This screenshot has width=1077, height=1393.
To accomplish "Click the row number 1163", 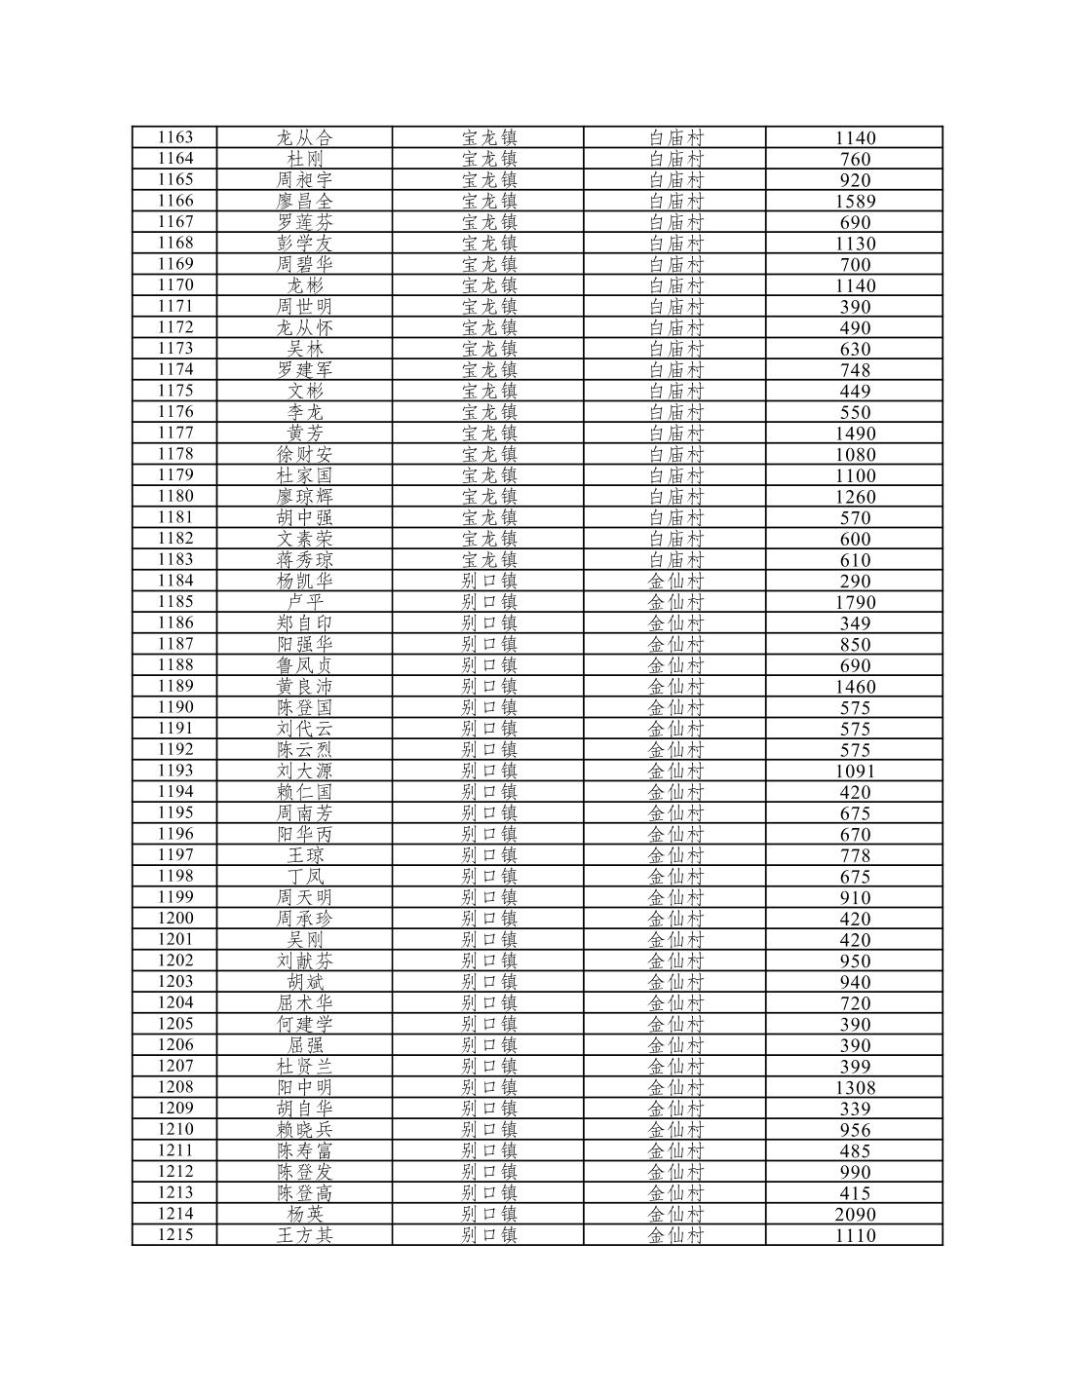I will pos(175,137).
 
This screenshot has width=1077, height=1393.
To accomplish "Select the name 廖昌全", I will pos(304,201).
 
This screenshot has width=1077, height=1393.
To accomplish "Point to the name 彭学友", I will pos(304,243).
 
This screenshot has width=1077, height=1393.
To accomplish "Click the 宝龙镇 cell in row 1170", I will pos(489,285).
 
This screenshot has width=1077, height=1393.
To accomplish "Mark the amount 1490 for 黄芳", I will pos(855,433).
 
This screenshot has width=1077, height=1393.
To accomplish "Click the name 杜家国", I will pos(304,475).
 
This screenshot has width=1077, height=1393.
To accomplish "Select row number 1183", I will pos(175,559).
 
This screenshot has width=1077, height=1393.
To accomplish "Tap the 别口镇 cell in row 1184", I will pos(489,581).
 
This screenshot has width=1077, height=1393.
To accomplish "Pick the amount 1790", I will pos(855,602).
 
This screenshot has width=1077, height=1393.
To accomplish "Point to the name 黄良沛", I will pos(304,686).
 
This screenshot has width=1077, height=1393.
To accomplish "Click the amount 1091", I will pos(855,771).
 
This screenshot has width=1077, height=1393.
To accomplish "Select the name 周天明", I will pos(304,897).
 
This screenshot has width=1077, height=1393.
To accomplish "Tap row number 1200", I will pos(175,918).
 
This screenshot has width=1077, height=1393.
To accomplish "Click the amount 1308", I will pos(855,1087).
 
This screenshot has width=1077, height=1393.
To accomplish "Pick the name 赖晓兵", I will pos(304,1129).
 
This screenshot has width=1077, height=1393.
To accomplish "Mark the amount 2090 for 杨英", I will pos(855,1214).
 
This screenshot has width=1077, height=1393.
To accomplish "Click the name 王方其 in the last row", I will pos(304,1235).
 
